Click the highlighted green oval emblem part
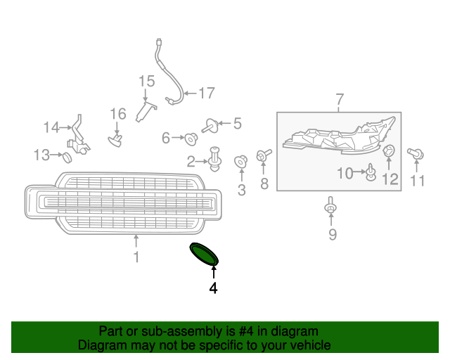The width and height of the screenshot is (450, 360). [x=204, y=254]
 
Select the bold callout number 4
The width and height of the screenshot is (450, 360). [x=213, y=288]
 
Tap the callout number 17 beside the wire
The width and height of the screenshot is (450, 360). [x=207, y=93]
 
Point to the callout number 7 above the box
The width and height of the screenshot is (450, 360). [x=340, y=99]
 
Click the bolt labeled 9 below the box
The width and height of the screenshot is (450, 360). [x=330, y=205]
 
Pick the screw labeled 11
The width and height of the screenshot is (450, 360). [x=416, y=153]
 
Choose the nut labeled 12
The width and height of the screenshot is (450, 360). [x=389, y=151]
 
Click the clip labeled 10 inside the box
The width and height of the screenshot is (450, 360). [x=371, y=172]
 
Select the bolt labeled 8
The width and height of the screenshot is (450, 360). [x=264, y=155]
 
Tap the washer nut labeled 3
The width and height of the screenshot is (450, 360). [x=240, y=162]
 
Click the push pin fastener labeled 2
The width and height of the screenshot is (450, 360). [x=215, y=159]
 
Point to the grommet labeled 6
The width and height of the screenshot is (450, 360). [x=191, y=139]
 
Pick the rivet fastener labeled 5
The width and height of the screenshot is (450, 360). [x=210, y=126]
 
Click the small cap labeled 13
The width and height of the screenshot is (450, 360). [x=67, y=157]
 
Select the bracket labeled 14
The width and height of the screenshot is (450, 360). [x=78, y=136]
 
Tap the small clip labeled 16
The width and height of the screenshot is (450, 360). [x=115, y=140]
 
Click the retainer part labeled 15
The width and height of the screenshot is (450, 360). [x=146, y=112]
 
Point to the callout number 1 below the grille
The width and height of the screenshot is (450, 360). [x=136, y=257]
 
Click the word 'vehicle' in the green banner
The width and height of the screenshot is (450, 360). [x=312, y=345]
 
